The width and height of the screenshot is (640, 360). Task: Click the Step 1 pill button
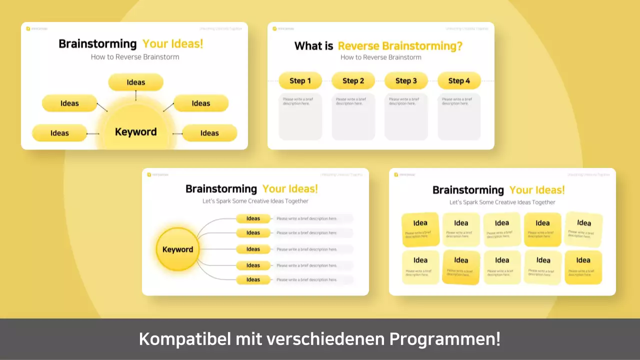(x=300, y=81)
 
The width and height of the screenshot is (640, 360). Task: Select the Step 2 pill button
(x=353, y=81)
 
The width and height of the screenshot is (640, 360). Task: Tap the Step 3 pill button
(x=406, y=81)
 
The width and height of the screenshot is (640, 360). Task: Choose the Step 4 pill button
(x=459, y=81)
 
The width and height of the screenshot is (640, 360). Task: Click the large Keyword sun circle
(x=135, y=132)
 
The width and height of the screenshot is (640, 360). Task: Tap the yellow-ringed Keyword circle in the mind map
(x=177, y=249)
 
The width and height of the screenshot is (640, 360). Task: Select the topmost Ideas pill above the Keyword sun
(x=136, y=82)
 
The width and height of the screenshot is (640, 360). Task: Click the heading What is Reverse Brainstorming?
(x=378, y=46)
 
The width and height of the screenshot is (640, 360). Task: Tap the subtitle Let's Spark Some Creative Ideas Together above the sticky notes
(x=502, y=202)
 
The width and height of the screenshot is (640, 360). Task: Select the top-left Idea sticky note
(x=420, y=229)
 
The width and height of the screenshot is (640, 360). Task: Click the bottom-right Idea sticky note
(x=583, y=267)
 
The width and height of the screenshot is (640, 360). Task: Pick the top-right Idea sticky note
(x=583, y=229)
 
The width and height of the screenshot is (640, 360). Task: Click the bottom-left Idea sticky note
(x=420, y=267)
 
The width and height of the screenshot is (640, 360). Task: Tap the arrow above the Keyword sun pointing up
(x=136, y=95)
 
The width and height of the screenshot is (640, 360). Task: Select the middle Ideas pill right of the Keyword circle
(x=253, y=249)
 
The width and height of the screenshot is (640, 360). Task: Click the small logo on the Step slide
(x=274, y=28)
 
